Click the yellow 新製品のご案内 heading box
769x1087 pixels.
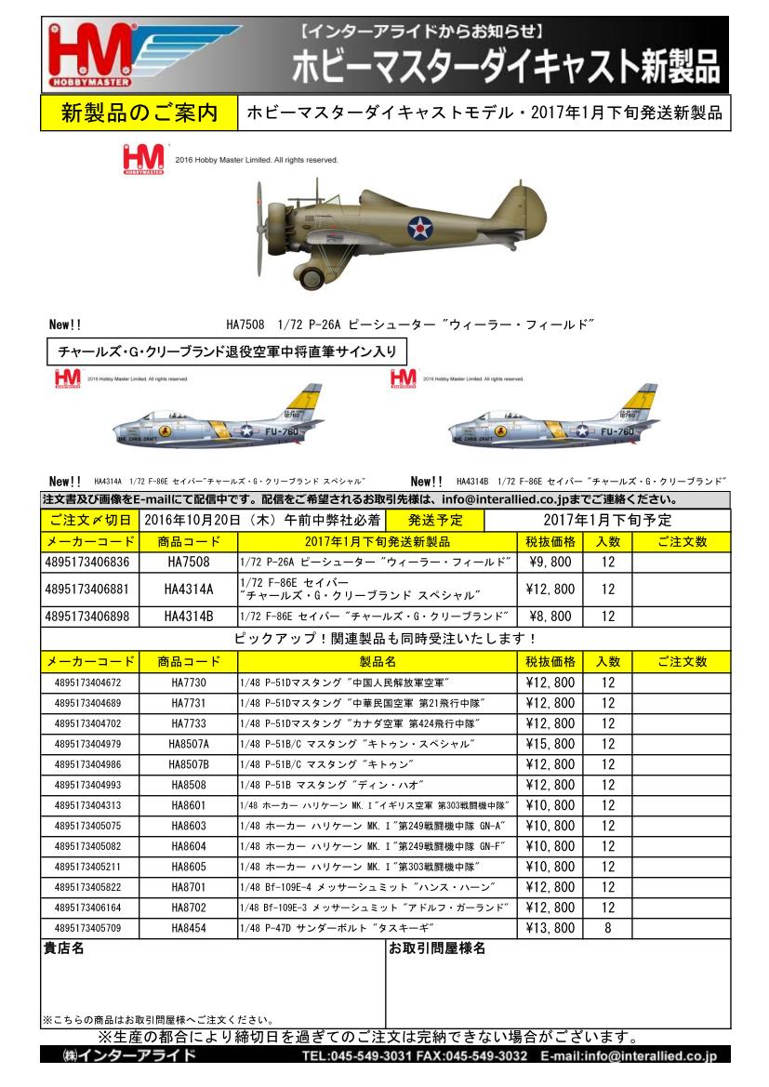click(139, 113)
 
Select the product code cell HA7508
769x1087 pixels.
click(189, 563)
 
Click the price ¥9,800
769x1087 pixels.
click(550, 563)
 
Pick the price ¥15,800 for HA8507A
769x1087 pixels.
click(550, 744)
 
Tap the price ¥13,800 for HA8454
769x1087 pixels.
click(550, 928)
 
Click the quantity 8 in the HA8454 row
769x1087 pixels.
click(607, 928)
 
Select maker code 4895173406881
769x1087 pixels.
click(87, 589)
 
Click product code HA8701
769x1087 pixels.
click(189, 887)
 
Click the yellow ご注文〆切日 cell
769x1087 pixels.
click(89, 520)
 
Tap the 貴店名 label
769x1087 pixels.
click(64, 948)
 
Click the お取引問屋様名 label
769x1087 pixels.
click(437, 948)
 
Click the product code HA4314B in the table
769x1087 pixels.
click(189, 616)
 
